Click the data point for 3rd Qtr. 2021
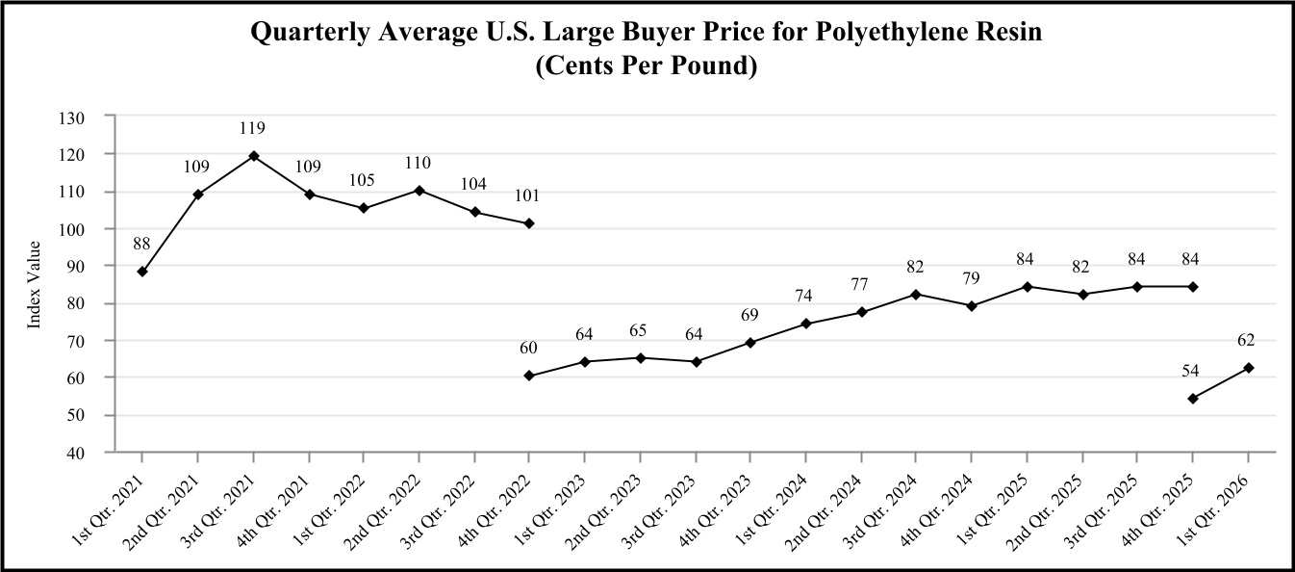253,156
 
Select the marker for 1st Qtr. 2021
142,272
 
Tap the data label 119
253,128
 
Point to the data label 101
527,196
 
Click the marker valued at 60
528,376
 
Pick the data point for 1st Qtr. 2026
1248,368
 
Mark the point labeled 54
1193,399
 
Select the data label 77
860,284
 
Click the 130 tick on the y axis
72,118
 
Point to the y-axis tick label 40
76,453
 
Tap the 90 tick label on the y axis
76,267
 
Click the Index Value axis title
34,285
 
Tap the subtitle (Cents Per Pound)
647,65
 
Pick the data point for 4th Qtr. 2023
750,343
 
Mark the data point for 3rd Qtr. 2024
916,295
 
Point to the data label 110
418,163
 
